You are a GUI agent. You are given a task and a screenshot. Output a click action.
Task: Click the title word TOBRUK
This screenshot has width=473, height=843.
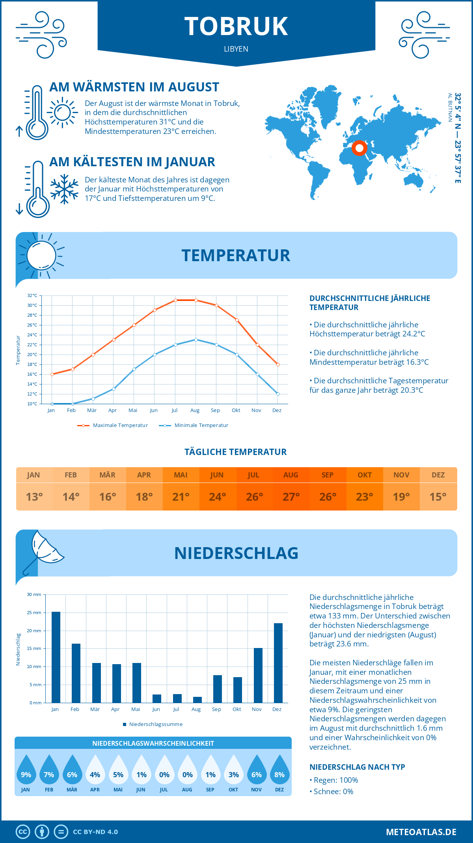pos(236,26)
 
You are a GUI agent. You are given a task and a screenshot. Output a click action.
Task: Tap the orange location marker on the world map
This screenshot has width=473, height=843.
pos(359,148)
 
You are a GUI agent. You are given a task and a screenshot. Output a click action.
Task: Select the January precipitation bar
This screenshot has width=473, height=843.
pos(56,657)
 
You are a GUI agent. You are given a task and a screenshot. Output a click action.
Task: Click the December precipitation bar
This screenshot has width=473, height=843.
pos(278,663)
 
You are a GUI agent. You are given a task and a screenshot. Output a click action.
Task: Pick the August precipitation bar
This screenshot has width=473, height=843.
pos(197,700)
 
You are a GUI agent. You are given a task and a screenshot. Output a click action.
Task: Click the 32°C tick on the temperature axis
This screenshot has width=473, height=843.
pos(32,295)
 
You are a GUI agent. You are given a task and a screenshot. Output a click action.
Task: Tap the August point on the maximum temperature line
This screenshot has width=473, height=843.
pos(196,300)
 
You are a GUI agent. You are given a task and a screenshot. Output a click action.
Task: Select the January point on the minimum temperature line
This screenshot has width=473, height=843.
pos(52,404)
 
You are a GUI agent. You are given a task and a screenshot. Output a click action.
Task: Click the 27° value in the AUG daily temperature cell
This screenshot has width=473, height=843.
pos(291,497)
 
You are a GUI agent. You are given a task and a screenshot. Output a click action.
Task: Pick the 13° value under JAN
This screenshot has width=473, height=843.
pos(34,497)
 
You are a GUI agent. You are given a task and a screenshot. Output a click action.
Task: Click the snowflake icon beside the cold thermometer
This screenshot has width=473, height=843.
pos(64,189)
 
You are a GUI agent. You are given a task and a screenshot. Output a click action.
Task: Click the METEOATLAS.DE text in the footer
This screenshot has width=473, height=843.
pos(421,832)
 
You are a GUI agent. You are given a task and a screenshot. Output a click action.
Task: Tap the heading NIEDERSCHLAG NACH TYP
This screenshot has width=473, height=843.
pos(357,767)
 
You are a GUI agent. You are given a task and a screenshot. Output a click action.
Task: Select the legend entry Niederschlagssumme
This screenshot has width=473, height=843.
pos(155,724)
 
